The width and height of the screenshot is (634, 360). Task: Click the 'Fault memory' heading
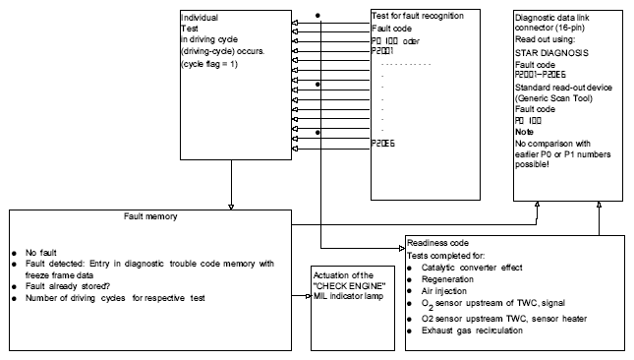(x=150, y=216)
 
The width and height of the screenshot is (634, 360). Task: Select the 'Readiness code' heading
(x=437, y=243)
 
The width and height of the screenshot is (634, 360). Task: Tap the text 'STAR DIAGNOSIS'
(x=551, y=53)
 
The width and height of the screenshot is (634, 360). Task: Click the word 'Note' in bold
(x=524, y=132)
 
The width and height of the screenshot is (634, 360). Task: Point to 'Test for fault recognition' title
(x=418, y=16)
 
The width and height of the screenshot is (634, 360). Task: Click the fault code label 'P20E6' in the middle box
(x=383, y=144)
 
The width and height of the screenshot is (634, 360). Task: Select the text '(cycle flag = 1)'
(x=209, y=64)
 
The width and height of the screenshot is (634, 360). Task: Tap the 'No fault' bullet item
(x=41, y=253)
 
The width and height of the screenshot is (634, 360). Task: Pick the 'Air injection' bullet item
(x=444, y=291)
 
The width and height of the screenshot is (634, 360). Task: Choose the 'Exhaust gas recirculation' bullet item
(x=472, y=330)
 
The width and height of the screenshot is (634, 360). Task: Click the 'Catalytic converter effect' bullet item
(x=472, y=268)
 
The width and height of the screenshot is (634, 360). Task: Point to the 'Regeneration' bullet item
(x=447, y=279)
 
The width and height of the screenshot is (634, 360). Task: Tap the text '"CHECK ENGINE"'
(x=349, y=286)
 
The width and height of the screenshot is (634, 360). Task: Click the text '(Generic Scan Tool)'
(x=553, y=98)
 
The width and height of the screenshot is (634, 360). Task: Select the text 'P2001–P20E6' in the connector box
(x=541, y=75)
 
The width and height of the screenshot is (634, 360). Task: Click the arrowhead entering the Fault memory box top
(x=231, y=208)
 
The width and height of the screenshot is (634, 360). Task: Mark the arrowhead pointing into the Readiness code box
(x=402, y=248)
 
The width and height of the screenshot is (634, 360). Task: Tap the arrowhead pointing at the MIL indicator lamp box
(x=309, y=296)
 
